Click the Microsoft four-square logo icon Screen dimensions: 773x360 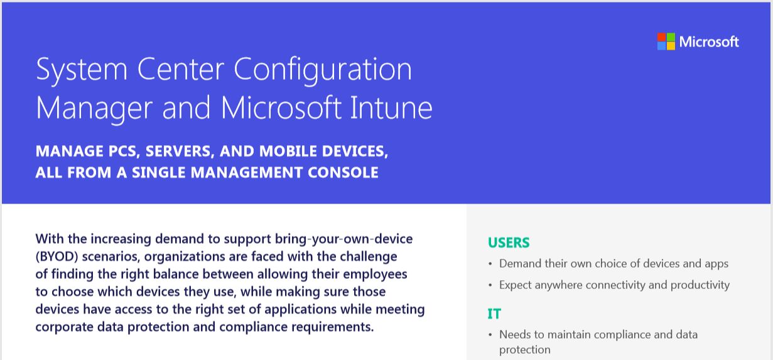(666, 41)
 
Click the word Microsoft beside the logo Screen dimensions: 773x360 (709, 41)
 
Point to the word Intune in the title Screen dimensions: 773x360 (391, 108)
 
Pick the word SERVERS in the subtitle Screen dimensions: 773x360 (179, 151)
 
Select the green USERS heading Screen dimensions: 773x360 (509, 243)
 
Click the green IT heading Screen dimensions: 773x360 (494, 314)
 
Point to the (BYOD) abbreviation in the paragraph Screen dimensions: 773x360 (57, 257)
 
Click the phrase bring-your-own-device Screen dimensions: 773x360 (343, 239)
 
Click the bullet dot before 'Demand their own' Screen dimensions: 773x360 (490, 264)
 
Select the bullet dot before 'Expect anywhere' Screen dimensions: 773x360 (490, 285)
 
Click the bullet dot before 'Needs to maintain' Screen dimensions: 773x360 (490, 335)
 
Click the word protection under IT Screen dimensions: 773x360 (524, 350)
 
